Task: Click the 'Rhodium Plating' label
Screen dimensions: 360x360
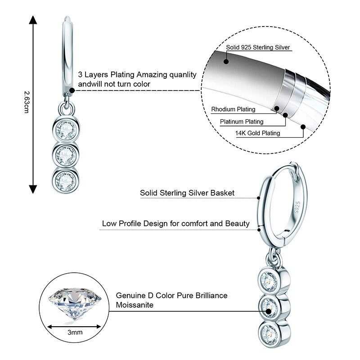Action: click(x=233, y=109)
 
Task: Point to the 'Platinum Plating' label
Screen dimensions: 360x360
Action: click(x=242, y=121)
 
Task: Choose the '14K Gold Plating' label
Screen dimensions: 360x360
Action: click(x=258, y=133)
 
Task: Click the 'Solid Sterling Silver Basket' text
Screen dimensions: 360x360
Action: click(x=187, y=193)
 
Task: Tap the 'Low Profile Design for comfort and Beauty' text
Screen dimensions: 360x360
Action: click(x=175, y=223)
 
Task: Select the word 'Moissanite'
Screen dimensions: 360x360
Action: click(x=135, y=305)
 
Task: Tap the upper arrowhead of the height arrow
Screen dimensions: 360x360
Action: click(x=32, y=20)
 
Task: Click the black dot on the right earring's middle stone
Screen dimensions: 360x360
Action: click(x=269, y=310)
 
